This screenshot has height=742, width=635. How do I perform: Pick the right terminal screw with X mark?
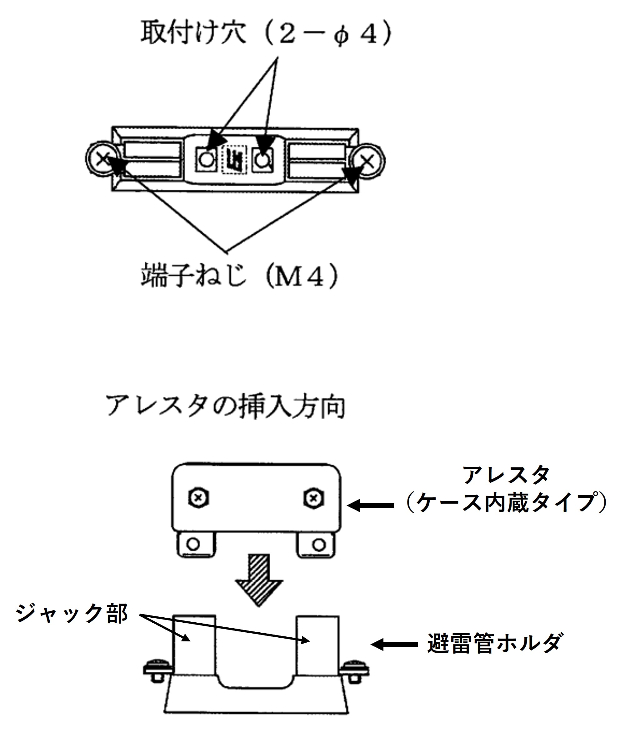click(368, 161)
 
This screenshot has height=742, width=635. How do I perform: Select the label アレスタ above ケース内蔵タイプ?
click(506, 475)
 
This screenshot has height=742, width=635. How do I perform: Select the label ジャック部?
click(72, 614)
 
